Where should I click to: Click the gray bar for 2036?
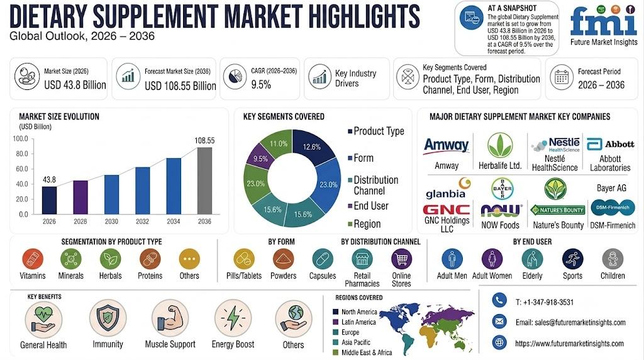pos(204,181)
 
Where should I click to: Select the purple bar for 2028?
pos(80,197)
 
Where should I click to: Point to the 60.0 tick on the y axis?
pos(21,169)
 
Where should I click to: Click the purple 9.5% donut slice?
pos(260,157)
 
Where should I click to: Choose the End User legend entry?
pos(368,206)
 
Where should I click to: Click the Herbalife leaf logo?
pos(500,145)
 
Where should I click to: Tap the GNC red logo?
pos(447,210)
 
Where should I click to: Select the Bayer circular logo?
pos(502,189)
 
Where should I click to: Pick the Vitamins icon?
pos(33,259)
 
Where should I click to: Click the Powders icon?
pos(284,259)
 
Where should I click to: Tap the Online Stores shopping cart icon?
pos(401,259)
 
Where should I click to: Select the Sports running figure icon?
pos(572,259)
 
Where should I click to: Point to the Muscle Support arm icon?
pos(170,318)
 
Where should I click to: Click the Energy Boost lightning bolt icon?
pos(233,318)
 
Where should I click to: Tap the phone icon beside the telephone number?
pos(499,300)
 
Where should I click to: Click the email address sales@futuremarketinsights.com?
pos(570,323)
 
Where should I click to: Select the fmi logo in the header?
pos(604,25)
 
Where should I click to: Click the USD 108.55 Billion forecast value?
pos(180,86)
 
